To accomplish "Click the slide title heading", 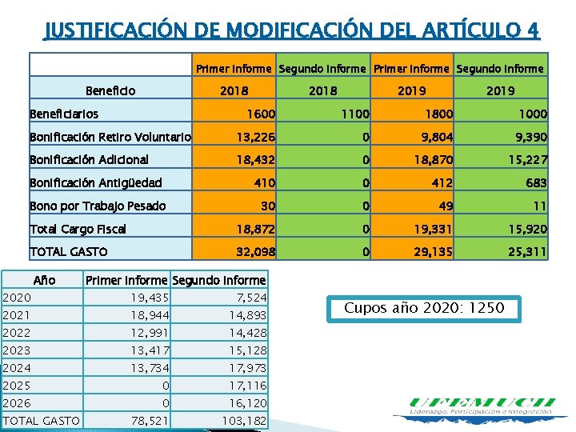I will click(x=291, y=30).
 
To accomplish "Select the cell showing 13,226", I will click(x=255, y=138).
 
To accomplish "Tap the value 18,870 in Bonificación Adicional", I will click(x=433, y=160).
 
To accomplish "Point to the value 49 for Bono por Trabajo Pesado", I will click(x=445, y=206).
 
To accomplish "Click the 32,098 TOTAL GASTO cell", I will click(x=255, y=252).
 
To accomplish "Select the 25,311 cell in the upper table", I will click(x=524, y=252).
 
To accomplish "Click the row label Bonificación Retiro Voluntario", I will click(x=110, y=138).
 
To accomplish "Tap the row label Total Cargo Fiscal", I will click(x=78, y=229).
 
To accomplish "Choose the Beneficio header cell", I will click(x=110, y=91).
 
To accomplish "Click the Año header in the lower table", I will click(x=43, y=281).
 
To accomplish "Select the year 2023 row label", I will click(x=17, y=350).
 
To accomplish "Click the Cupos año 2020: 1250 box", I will click(x=424, y=308).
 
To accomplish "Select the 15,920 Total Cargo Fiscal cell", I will click(x=524, y=229).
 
